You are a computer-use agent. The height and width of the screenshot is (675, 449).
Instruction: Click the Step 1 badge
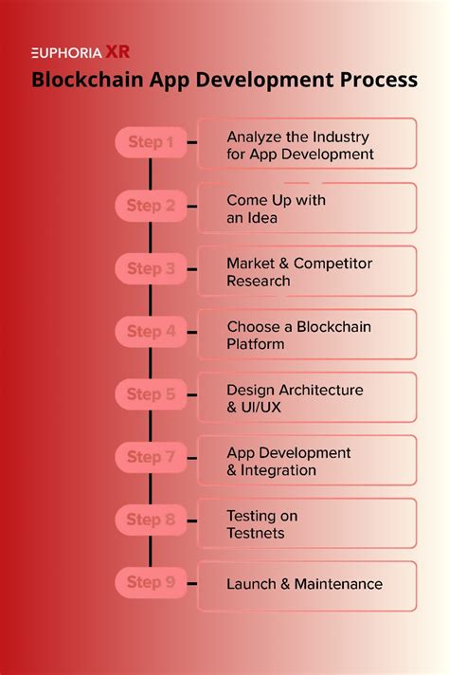click(x=151, y=143)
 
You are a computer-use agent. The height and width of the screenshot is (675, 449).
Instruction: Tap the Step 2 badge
click(x=151, y=206)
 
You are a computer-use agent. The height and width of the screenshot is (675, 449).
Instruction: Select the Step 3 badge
click(x=151, y=268)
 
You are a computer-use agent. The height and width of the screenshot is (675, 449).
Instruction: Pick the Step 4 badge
click(x=151, y=332)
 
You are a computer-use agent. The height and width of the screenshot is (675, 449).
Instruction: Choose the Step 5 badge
click(x=151, y=394)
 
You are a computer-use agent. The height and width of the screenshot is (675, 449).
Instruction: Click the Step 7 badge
click(x=151, y=457)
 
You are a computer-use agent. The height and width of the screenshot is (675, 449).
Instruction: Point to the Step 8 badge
click(x=151, y=520)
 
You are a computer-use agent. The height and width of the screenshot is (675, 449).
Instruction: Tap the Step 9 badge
click(x=151, y=582)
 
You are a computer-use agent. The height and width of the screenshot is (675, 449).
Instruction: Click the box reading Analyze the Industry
click(x=307, y=144)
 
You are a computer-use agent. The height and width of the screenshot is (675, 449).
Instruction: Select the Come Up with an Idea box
click(x=307, y=208)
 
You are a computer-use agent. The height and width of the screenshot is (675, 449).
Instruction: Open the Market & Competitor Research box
click(x=307, y=270)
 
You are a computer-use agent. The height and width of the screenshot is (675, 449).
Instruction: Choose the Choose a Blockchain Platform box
click(x=307, y=334)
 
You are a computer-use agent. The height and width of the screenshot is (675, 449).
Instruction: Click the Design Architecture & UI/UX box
click(x=307, y=396)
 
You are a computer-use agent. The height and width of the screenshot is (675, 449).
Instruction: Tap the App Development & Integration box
click(x=307, y=460)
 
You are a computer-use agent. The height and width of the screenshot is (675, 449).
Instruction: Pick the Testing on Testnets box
click(x=307, y=522)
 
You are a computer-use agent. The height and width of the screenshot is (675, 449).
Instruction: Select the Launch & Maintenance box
click(x=307, y=585)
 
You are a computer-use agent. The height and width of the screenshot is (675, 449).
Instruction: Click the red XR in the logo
click(x=118, y=52)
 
